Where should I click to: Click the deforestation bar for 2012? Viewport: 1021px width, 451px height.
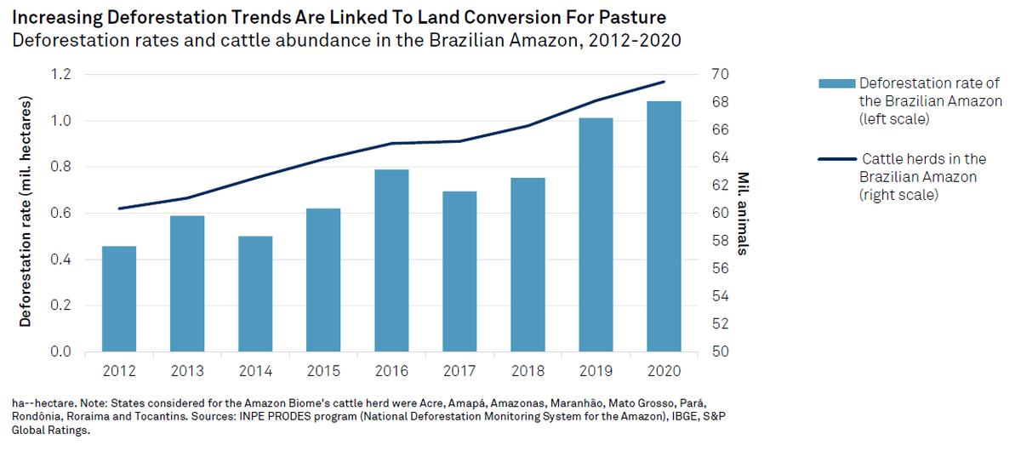pos(119,299)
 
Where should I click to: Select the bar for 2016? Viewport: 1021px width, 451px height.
pos(391,260)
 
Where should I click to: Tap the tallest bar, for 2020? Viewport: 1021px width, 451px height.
pos(664,226)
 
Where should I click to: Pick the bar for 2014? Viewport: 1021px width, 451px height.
pos(255,294)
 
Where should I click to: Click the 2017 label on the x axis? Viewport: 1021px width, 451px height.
pos(459,371)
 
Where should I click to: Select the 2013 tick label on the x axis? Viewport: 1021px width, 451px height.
pos(187,371)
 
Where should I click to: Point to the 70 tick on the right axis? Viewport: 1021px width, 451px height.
pos(720,75)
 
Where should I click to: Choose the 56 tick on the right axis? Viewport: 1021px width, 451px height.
pos(720,269)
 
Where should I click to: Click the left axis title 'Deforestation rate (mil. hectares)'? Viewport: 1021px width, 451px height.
pos(26,213)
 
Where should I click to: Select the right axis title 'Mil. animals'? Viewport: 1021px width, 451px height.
pos(743,213)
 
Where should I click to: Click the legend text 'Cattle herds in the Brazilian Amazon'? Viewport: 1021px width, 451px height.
pos(919,176)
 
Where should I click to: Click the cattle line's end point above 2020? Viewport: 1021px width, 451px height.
pos(664,82)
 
